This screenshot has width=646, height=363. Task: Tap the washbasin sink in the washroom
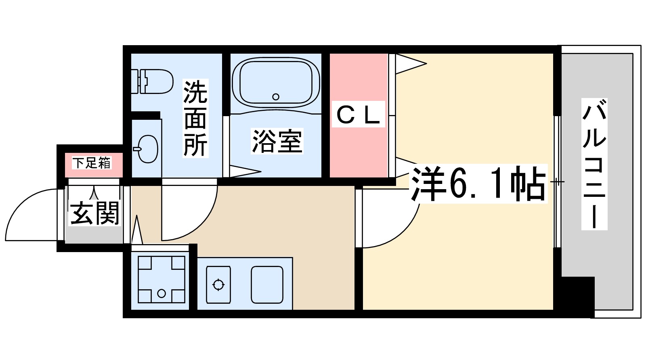click(147, 149)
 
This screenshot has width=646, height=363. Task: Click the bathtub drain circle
click(276, 97)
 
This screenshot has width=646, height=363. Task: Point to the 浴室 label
click(277, 141)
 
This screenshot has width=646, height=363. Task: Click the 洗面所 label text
click(195, 118)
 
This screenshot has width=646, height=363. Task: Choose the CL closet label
click(358, 115)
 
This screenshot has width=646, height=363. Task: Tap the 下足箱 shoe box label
click(92, 163)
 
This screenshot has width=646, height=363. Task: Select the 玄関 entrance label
click(95, 213)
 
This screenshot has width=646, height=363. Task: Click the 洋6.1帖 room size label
click(478, 184)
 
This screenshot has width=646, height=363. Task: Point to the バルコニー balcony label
click(594, 164)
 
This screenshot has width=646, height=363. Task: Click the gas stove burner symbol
click(218, 285)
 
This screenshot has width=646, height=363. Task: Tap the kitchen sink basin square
click(267, 284)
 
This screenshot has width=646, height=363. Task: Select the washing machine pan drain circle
click(161, 293)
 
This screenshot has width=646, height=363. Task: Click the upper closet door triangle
click(410, 64)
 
